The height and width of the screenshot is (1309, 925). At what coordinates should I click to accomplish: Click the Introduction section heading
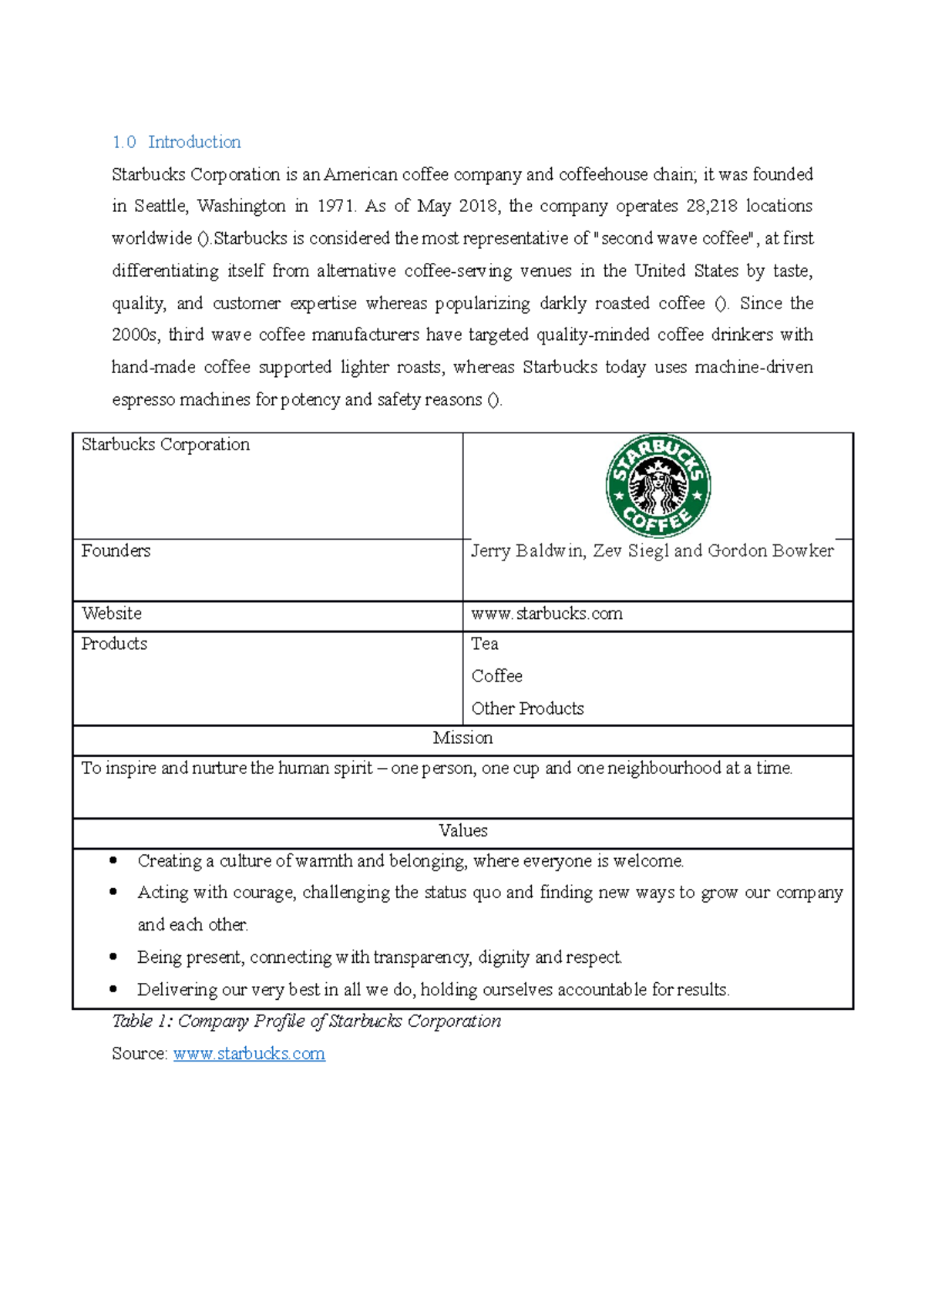(193, 142)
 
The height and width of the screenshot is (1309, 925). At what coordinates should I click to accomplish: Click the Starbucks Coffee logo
(658, 486)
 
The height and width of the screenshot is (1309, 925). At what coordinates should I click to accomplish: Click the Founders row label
(116, 550)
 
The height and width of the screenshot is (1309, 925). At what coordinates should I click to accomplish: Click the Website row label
(112, 614)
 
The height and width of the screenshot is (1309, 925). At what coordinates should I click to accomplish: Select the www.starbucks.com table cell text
(547, 614)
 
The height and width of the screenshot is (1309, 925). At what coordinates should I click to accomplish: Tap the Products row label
(114, 644)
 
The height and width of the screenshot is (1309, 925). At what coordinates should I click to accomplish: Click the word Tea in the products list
(485, 644)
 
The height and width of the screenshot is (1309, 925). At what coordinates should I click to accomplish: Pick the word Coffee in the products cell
(496, 676)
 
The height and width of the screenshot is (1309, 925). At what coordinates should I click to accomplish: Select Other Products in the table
(527, 708)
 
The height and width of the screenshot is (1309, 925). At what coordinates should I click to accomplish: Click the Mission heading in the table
(462, 738)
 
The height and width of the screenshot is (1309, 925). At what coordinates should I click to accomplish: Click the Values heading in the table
(462, 831)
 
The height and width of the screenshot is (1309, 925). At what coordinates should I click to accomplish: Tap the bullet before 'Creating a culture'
(114, 860)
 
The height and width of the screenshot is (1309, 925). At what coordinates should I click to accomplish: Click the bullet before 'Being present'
(114, 957)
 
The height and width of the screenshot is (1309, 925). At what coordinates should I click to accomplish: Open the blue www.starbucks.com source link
(249, 1054)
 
